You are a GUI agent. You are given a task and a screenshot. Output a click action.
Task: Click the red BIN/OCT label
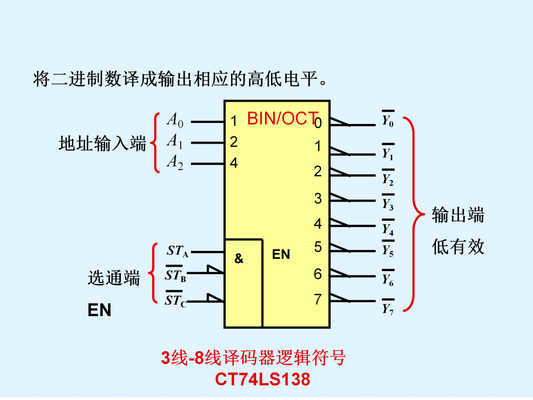point(283,119)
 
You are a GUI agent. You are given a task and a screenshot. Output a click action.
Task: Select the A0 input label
point(175,120)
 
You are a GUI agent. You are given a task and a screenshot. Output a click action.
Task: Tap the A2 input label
point(175,162)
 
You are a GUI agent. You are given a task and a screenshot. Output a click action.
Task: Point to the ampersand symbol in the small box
point(239,258)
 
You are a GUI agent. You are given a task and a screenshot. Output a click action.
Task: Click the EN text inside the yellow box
point(281,254)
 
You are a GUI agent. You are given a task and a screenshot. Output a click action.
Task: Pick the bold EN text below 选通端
point(99,310)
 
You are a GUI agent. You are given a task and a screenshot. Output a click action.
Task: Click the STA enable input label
point(177,251)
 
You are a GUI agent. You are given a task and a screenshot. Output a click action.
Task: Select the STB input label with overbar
point(176,274)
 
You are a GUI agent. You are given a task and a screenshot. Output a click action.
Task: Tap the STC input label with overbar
point(176,299)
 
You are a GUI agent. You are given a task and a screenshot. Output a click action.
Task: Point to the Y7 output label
point(388,307)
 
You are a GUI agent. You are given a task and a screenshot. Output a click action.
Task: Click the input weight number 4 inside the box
point(233,163)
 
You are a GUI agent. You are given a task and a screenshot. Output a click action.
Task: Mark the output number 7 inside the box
point(318,299)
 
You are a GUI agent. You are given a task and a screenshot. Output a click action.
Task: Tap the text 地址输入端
point(102,143)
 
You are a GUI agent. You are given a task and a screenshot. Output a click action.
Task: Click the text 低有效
point(458,246)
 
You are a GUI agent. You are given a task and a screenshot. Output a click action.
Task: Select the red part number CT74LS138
point(263,379)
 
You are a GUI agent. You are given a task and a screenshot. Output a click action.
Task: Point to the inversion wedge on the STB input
point(215,270)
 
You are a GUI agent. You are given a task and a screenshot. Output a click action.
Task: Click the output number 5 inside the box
point(318,247)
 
